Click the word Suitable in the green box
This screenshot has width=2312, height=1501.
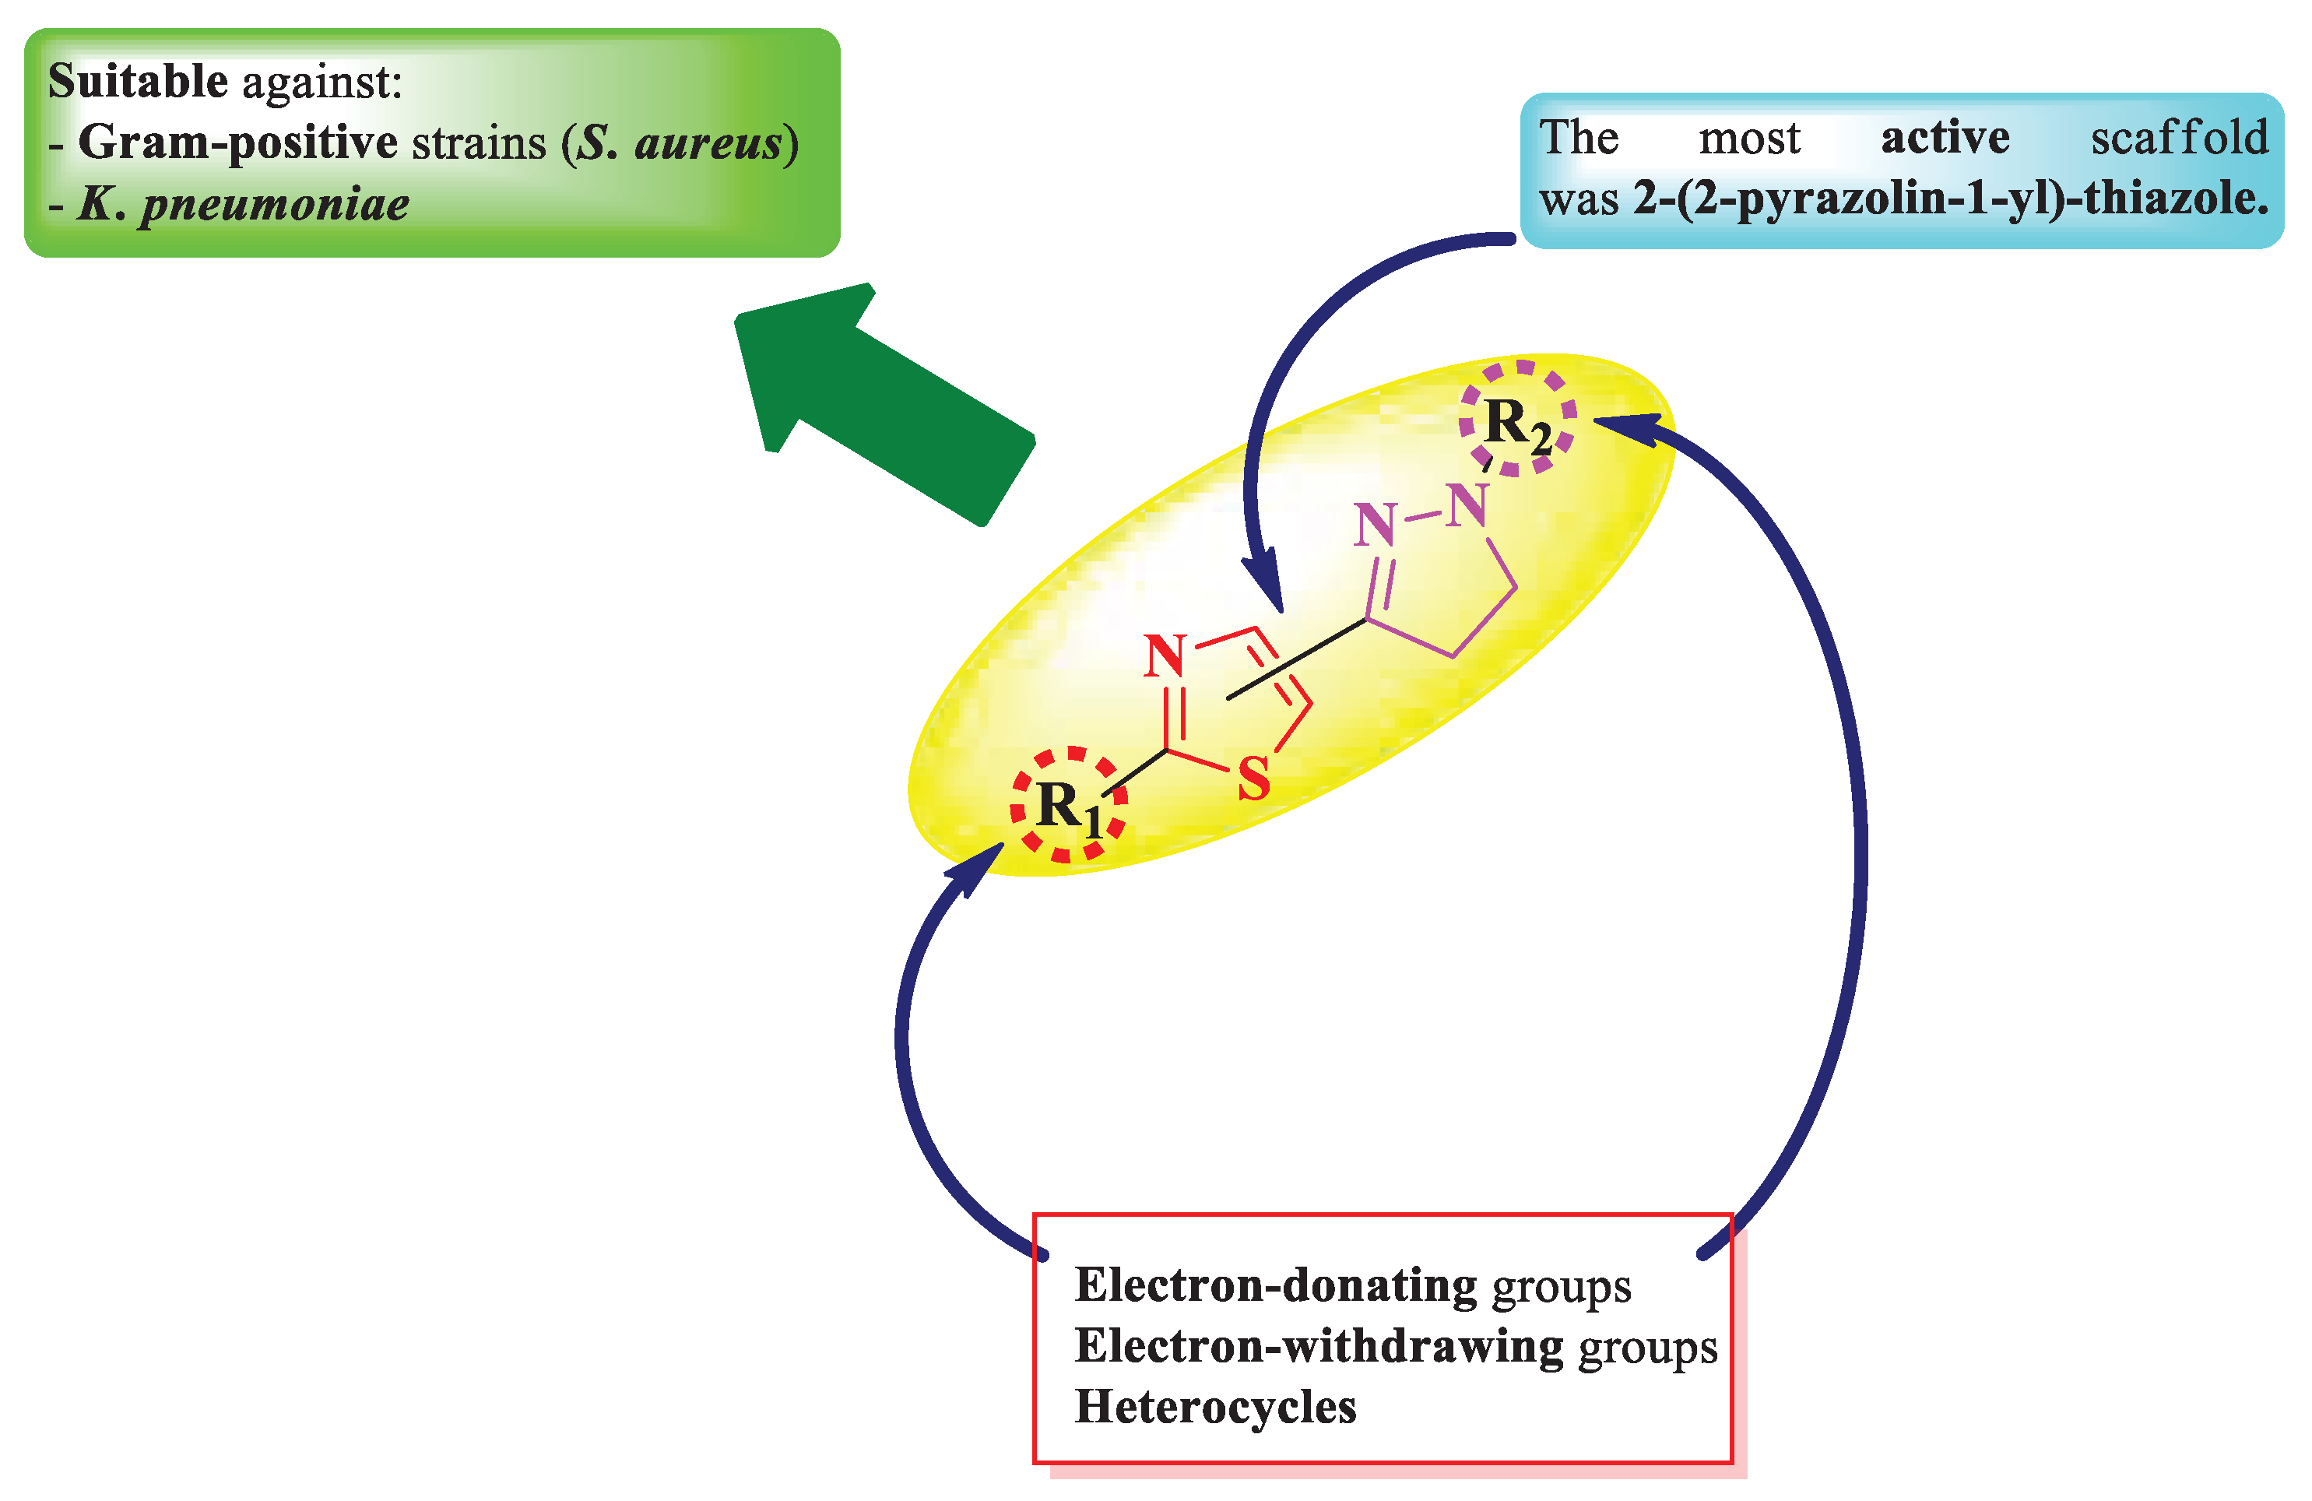point(137,81)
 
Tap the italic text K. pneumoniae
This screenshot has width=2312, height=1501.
point(243,204)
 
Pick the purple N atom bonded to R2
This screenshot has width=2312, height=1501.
point(1467,506)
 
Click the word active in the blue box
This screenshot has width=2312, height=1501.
point(1945,137)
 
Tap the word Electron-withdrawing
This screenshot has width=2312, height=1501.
point(1318,1347)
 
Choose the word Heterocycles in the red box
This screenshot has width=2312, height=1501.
point(1214,1407)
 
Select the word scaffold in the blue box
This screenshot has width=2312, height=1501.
point(2179,137)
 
